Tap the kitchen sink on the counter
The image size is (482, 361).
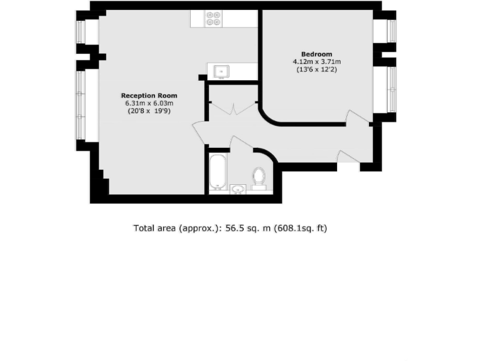(221, 71)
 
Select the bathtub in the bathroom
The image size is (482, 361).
(217, 170)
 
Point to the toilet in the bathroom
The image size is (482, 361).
(259, 177)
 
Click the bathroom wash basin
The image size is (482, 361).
(238, 188)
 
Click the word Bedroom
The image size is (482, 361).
(317, 54)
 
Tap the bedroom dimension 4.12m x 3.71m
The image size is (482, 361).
(317, 62)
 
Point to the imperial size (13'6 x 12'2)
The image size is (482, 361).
(317, 70)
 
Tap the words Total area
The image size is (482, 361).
(154, 229)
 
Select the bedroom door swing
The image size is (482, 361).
(358, 117)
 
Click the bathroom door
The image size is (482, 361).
(240, 143)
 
